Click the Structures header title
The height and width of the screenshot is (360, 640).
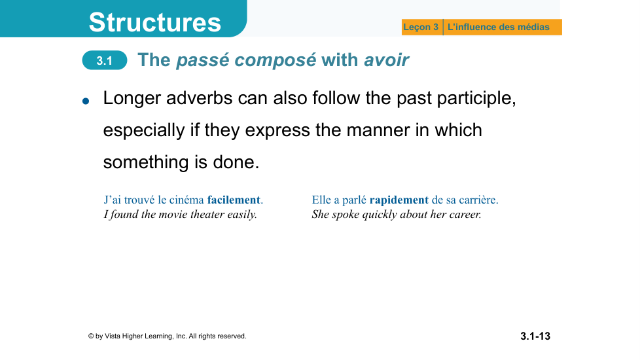154,22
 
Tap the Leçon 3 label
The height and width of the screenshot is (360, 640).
420,27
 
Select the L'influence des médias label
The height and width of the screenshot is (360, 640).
499,27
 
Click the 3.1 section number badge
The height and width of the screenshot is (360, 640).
105,60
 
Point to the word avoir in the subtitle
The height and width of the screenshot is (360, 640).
386,60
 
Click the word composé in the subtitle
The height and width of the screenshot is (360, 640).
275,60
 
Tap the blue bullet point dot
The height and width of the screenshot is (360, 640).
86,101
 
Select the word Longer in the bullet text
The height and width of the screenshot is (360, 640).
132,98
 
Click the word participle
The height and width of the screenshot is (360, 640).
476,98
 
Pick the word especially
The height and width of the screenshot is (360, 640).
144,131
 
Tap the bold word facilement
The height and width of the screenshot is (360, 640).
234,200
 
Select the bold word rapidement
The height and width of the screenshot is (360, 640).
399,200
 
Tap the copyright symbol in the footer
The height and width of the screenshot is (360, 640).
91,336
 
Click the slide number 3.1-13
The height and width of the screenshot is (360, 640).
535,336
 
